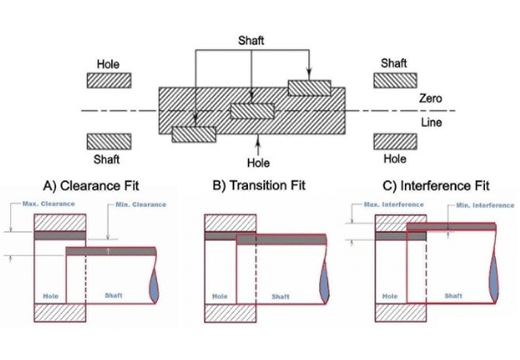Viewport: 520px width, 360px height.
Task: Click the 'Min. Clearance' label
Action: (142, 205)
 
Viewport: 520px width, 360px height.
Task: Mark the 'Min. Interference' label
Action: (485, 206)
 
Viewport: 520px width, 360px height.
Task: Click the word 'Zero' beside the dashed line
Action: (431, 98)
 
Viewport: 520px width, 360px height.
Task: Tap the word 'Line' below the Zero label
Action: (431, 122)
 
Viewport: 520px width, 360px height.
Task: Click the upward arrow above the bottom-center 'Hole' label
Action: (258, 143)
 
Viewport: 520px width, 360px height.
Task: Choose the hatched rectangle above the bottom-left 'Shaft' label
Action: (107, 142)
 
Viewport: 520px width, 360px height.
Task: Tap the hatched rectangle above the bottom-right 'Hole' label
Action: (394, 142)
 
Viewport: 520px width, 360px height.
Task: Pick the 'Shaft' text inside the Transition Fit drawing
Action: (280, 297)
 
